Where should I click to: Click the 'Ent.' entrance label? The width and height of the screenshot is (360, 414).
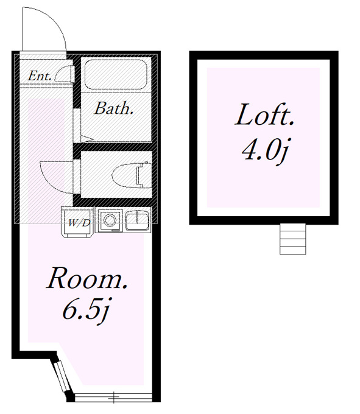coord(40,75)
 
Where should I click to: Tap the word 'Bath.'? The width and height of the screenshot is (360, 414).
coord(113,108)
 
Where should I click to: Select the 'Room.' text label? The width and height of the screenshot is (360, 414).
coord(87,278)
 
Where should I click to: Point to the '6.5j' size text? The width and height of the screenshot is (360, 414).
coord(86,309)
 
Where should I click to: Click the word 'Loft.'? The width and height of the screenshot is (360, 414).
coord(264,114)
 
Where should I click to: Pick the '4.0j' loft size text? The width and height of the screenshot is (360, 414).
coord(264,150)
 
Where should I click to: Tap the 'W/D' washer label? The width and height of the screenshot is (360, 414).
coord(79,223)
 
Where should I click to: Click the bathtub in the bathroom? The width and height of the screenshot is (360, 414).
coord(116,75)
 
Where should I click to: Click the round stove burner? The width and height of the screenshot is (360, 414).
coord(110,220)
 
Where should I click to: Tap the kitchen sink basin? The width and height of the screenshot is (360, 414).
coord(137,221)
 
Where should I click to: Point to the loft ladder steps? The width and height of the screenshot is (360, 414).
coord(292,239)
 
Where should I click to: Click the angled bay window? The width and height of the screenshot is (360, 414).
coord(62,376)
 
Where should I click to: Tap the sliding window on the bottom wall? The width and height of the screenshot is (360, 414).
coord(113,397)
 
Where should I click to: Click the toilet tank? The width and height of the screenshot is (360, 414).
coord(144,175)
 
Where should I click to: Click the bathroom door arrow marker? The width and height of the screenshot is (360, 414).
coord(86,138)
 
